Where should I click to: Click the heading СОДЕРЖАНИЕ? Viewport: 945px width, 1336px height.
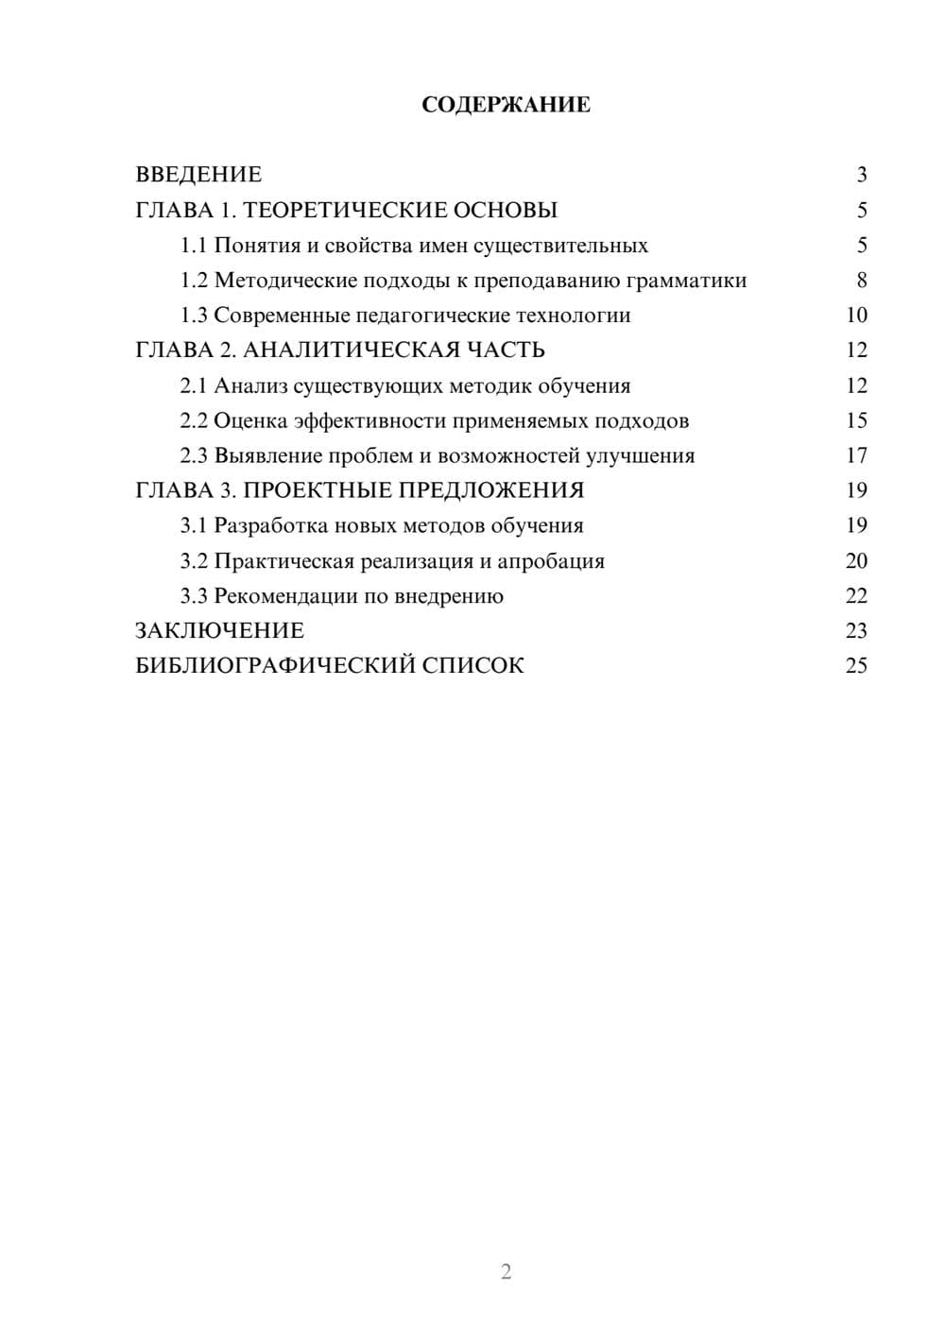pyautogui.click(x=506, y=105)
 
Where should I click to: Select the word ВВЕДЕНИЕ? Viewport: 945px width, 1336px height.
pyautogui.click(x=198, y=175)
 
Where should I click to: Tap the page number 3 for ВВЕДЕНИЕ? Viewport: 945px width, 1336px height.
pyautogui.click(x=861, y=175)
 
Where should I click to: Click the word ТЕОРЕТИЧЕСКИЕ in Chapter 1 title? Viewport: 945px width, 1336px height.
pyautogui.click(x=343, y=210)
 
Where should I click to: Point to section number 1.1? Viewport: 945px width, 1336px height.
pyautogui.click(x=193, y=246)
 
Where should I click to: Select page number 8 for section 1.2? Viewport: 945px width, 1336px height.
pyautogui.click(x=861, y=281)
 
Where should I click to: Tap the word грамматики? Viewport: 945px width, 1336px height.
pyautogui.click(x=689, y=281)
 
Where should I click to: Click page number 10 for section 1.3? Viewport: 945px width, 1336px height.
pyautogui.click(x=856, y=316)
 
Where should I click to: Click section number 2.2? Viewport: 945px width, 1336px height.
pyautogui.click(x=193, y=420)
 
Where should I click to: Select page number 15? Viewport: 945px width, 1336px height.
pyautogui.click(x=856, y=420)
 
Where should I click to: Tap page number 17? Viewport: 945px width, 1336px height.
pyautogui.click(x=856, y=455)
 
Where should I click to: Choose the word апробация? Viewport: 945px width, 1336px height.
pyautogui.click(x=551, y=561)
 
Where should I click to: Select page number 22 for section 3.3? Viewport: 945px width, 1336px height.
pyautogui.click(x=856, y=596)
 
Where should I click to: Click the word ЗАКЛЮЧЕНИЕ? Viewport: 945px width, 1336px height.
pyautogui.click(x=220, y=630)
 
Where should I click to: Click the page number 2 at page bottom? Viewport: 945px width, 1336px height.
pyautogui.click(x=506, y=1272)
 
